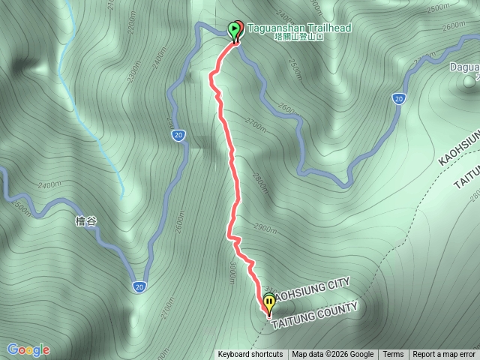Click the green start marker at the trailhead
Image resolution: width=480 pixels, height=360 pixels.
pos(234,31)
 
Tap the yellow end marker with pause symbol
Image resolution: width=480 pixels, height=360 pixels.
pos(268,304)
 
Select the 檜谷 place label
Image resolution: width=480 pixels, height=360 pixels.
pos(87,221)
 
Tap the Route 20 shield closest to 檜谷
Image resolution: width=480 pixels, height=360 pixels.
pos(140,286)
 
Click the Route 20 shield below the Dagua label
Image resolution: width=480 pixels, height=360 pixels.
pos(399,98)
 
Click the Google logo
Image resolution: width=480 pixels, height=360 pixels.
pos(28,349)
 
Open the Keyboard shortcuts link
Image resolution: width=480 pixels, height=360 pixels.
pos(250,355)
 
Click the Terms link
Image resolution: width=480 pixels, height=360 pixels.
pos(393,355)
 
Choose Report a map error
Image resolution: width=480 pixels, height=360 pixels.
pos(444,355)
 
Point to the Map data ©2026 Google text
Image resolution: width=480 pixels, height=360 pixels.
pos(333,355)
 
